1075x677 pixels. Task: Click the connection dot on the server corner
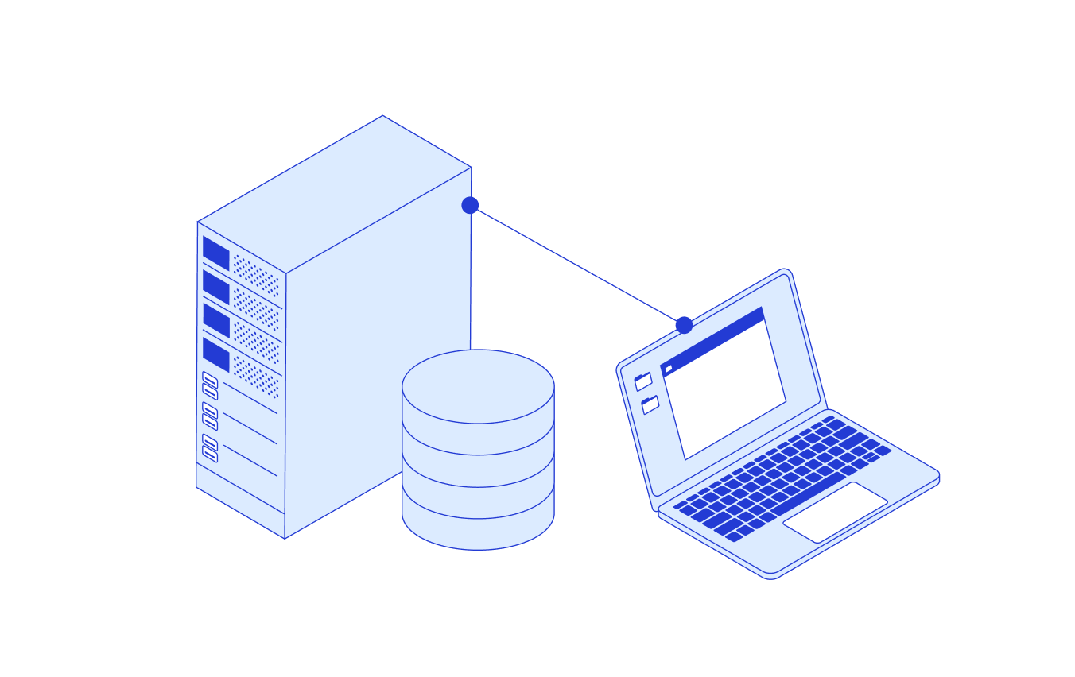(470, 205)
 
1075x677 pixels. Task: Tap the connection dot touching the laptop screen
(684, 325)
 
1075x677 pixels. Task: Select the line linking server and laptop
(576, 265)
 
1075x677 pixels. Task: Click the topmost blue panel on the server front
(215, 253)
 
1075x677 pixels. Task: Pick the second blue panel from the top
(215, 287)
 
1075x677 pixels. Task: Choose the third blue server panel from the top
(215, 320)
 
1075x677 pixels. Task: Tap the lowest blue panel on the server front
(215, 354)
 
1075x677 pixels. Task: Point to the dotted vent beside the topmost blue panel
(256, 275)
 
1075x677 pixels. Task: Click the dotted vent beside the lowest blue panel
(256, 376)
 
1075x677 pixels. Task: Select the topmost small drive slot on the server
(210, 379)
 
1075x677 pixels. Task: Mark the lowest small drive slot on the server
(210, 455)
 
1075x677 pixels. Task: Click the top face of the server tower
(334, 194)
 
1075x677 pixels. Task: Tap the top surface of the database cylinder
(478, 386)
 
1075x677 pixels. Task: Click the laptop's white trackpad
(835, 512)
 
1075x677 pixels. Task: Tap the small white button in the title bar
(669, 369)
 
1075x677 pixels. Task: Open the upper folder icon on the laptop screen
(643, 381)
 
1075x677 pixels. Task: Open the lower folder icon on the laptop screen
(650, 405)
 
